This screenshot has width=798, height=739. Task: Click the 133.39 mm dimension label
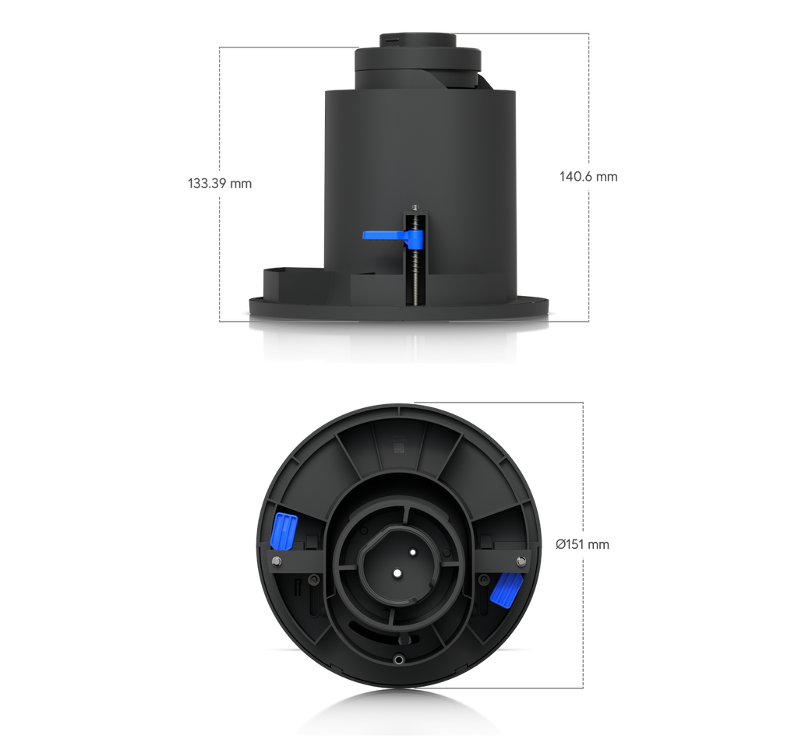(x=220, y=183)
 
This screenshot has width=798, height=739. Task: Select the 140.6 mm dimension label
(x=588, y=177)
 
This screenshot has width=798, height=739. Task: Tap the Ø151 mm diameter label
(x=583, y=544)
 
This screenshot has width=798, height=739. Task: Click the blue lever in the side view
(x=393, y=237)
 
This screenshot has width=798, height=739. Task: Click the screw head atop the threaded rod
(x=416, y=206)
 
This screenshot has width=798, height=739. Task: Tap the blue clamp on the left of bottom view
(x=284, y=531)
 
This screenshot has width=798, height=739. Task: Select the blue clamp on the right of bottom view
(x=505, y=590)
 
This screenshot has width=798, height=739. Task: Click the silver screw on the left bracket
(x=277, y=561)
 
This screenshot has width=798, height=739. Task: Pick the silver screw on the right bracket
(x=520, y=561)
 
